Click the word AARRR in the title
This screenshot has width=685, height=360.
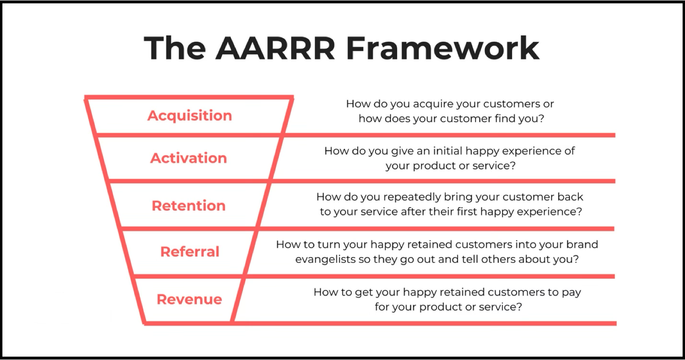(275, 48)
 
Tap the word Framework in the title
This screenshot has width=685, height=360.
(443, 48)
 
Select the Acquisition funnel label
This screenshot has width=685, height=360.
(190, 116)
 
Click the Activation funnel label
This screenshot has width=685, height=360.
(188, 158)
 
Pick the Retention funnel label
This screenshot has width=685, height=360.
(188, 206)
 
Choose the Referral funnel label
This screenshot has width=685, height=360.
(190, 252)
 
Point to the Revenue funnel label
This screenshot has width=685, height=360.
(189, 299)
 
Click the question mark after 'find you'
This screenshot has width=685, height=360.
(541, 118)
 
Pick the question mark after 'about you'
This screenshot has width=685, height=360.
(575, 259)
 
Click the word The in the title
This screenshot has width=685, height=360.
(175, 48)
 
